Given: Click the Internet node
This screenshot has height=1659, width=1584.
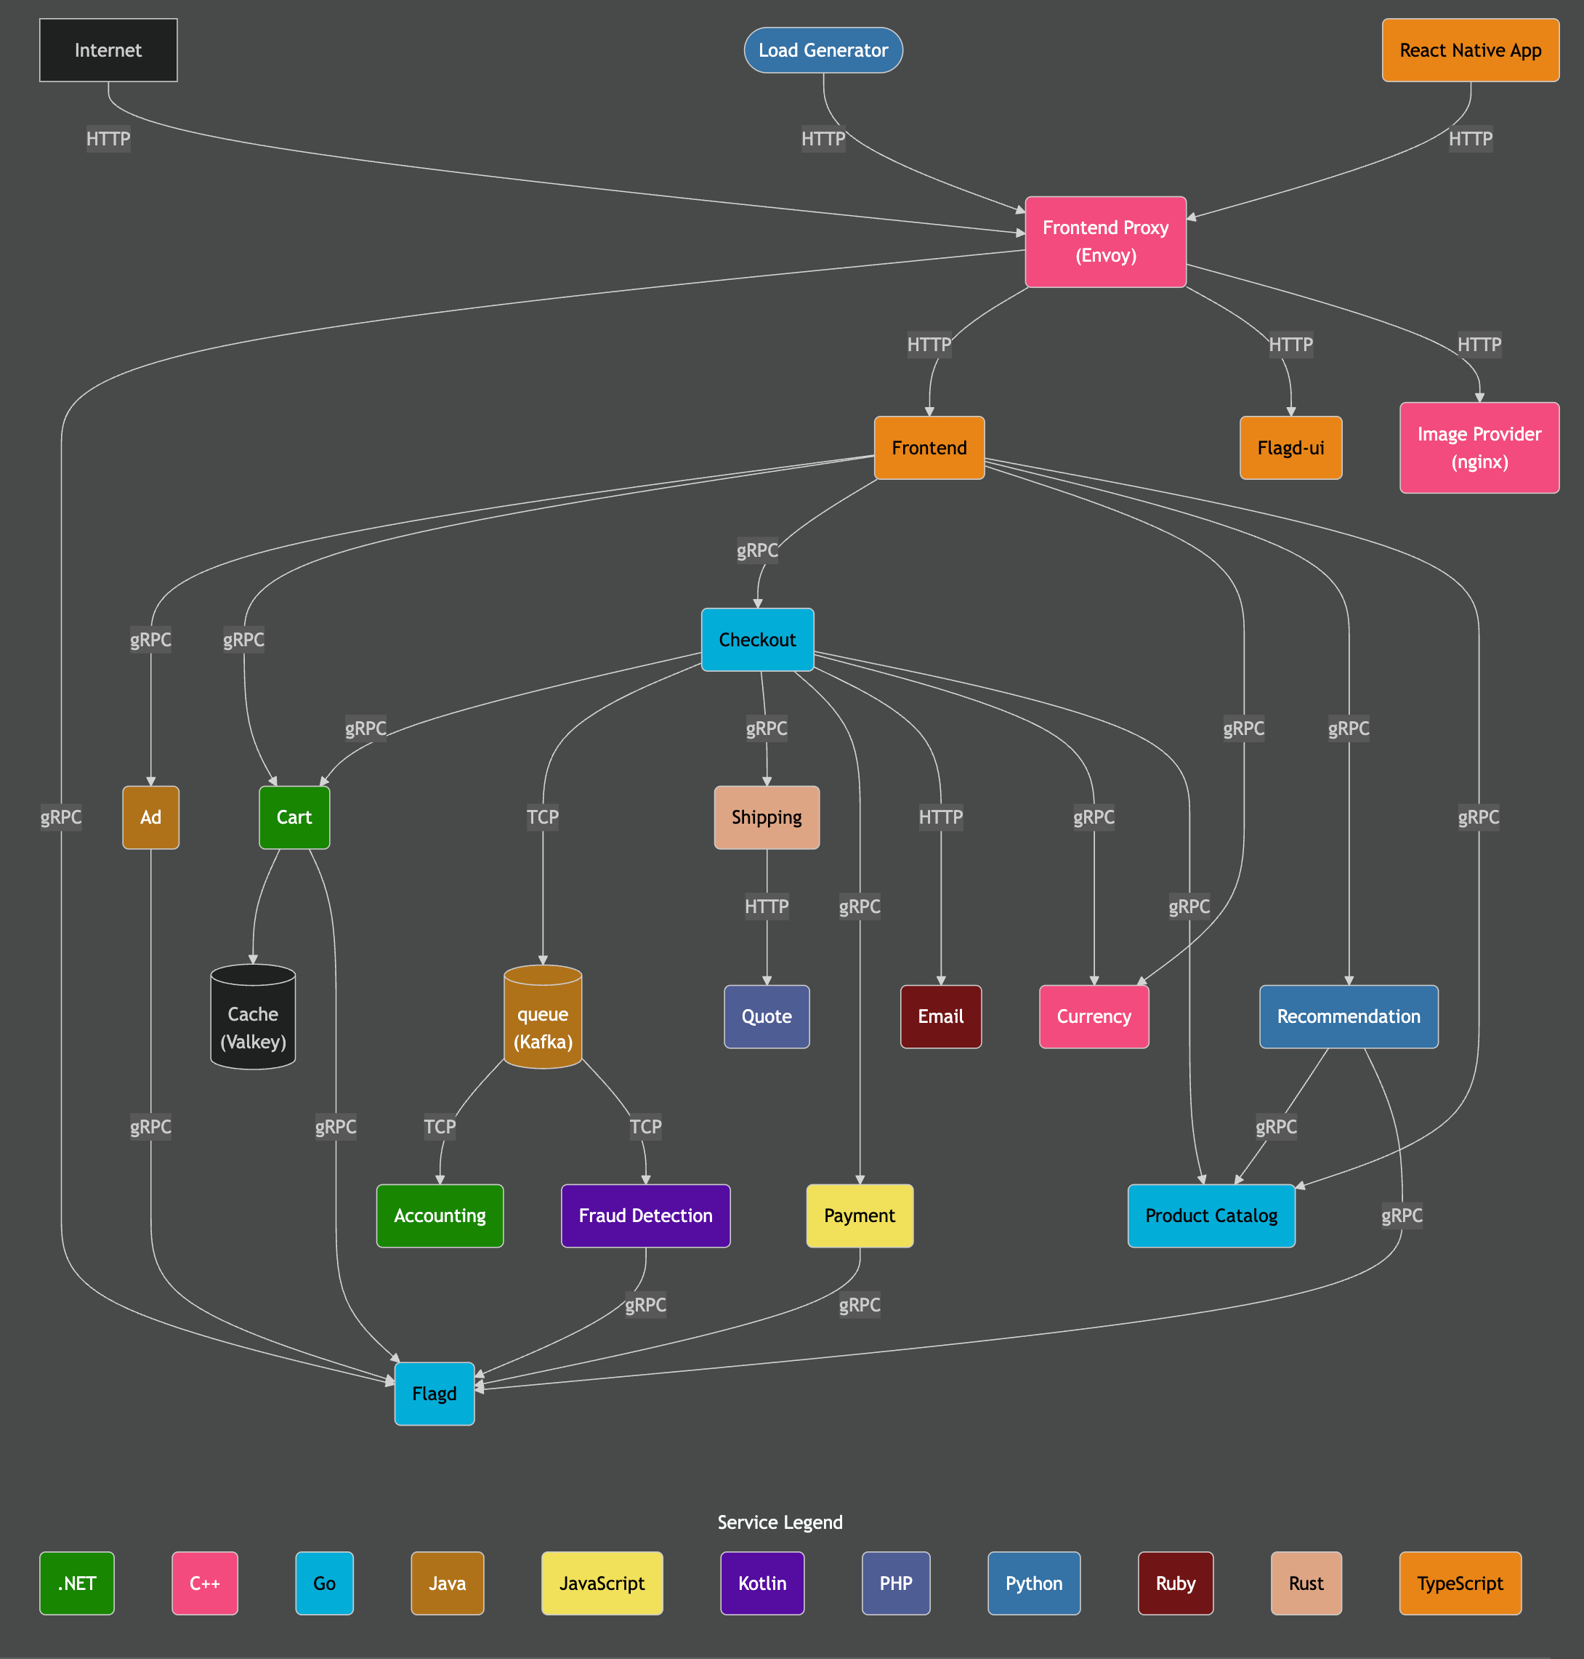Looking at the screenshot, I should point(108,50).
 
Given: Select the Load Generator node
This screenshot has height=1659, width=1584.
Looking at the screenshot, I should point(823,50).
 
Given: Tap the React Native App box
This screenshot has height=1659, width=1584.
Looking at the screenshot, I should point(1469,50).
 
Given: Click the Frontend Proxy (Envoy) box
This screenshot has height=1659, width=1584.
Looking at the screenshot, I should point(1104,241).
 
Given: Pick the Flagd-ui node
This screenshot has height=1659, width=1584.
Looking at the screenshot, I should point(1290,448).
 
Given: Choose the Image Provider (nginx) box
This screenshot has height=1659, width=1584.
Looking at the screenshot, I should point(1479,448).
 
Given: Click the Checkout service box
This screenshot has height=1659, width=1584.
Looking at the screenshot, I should point(756,640).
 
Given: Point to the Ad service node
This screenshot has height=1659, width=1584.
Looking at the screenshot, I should point(150,817).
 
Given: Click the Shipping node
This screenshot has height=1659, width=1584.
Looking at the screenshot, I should point(766,817).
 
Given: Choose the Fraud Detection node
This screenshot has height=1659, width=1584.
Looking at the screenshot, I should point(645,1216).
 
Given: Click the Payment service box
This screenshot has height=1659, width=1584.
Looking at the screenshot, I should point(859,1216).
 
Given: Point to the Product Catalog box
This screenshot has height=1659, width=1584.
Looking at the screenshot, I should point(1210,1216).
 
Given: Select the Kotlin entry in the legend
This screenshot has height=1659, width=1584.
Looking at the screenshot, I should point(761,1583).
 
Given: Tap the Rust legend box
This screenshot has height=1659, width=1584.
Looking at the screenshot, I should point(1306,1583).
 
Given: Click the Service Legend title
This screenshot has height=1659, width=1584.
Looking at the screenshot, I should point(780,1522).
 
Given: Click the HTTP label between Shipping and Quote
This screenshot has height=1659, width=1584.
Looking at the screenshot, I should point(766,907).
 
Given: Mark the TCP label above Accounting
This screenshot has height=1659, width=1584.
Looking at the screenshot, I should point(439,1126).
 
